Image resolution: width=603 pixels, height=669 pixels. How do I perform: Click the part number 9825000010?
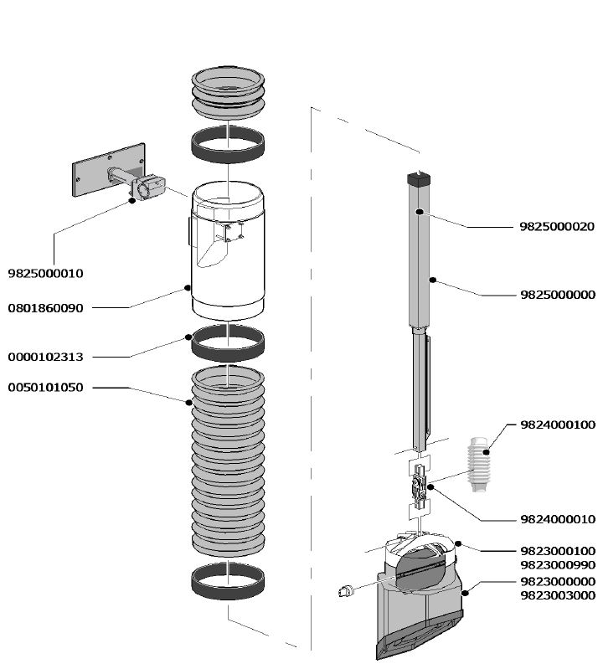[x=46, y=274]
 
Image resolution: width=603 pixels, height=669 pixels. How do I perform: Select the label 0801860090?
[x=46, y=308]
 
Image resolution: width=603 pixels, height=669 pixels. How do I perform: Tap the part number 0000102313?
[x=46, y=357]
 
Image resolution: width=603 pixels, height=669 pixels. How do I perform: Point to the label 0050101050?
[x=46, y=388]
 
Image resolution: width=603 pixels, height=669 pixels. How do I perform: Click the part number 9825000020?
[x=557, y=227]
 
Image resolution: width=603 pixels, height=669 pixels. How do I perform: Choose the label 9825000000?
[x=558, y=295]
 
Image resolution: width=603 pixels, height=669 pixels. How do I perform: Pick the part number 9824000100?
[x=558, y=425]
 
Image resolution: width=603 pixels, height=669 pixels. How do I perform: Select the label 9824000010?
[x=558, y=519]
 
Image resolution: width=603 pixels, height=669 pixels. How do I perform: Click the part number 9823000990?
[x=558, y=565]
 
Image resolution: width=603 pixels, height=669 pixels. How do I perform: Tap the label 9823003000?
[x=558, y=595]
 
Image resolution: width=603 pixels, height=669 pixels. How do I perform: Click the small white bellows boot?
[x=479, y=465]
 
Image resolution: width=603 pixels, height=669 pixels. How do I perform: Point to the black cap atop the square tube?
[x=419, y=178]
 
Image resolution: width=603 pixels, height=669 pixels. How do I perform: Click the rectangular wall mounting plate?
[x=108, y=170]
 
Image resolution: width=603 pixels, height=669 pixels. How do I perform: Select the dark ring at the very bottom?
[x=228, y=581]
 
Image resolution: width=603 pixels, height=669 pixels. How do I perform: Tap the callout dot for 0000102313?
[x=188, y=337]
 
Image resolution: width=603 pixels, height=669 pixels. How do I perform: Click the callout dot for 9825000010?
[x=132, y=200]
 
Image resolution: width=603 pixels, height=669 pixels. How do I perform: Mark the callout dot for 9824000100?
[x=486, y=452]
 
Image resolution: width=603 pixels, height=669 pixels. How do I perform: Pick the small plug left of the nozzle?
[x=347, y=591]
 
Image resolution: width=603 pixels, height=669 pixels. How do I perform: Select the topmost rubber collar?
[x=228, y=92]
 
